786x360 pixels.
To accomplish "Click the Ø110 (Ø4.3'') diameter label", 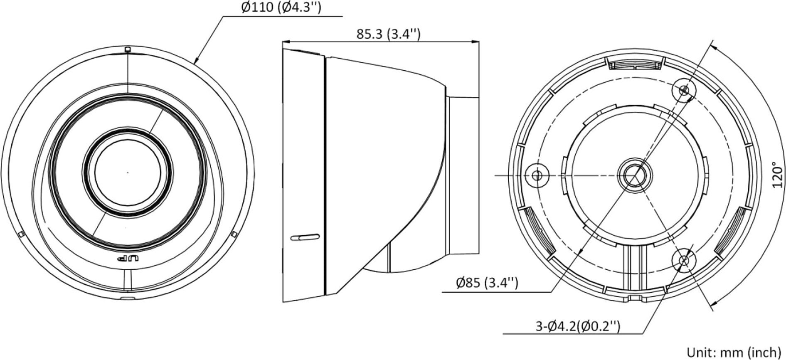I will [281, 7].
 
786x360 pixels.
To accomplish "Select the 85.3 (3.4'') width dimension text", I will [388, 34].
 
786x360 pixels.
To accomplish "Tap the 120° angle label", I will [777, 175].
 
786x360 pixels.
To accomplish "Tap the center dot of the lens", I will [128, 172].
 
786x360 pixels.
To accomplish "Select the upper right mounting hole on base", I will [684, 90].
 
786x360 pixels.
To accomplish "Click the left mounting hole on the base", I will [537, 175].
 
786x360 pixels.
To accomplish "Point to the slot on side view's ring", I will [305, 237].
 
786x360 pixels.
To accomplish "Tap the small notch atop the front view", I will [128, 50].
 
